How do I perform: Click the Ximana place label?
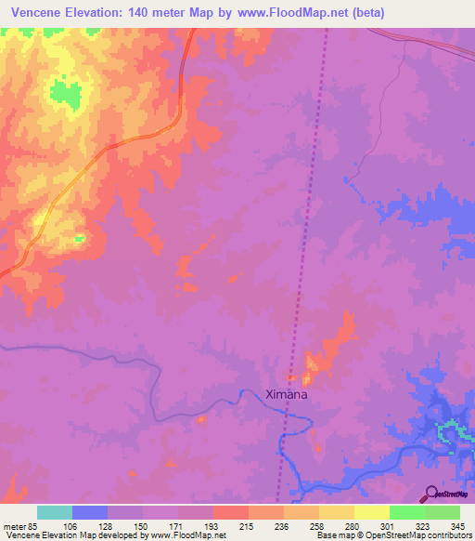coord(287,394)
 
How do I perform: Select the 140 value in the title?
coord(165,13)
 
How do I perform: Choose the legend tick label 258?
coord(318,525)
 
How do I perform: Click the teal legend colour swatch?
coord(55,512)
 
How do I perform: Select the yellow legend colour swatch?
coord(372,512)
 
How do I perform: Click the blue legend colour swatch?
coord(90,512)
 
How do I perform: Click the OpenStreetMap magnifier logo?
coord(430,494)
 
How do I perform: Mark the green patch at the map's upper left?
coord(64,92)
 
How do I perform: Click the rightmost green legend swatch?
coord(443,512)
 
